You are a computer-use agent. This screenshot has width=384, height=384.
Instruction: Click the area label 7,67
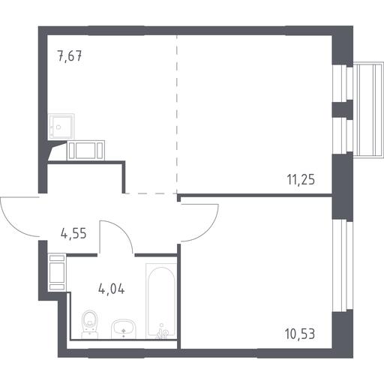pos(70,56)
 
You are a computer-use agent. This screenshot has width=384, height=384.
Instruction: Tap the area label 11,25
pos(301,179)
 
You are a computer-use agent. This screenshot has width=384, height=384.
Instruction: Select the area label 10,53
pos(300,334)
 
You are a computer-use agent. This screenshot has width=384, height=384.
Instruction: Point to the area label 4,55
pos(73,234)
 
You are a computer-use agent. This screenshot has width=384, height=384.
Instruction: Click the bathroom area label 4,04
pos(112,289)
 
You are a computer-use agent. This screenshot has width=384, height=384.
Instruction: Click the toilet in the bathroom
pos(89,324)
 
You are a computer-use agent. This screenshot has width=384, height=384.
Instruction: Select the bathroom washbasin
pos(124,328)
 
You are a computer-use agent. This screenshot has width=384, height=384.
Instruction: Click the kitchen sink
pos(61,127)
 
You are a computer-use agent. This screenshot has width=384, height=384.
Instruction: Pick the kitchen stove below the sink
pos(85,150)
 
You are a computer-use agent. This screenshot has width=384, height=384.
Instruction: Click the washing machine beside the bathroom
pos(57,272)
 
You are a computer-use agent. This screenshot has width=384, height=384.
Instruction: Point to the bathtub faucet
pos(163,332)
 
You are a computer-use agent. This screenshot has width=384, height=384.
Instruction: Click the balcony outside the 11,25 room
pos(368,110)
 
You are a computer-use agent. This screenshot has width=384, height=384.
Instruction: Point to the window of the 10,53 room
pos(340,266)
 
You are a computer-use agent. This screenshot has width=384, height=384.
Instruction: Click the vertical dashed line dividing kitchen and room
pos(177,114)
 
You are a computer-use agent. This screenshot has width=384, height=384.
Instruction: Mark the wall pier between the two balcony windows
pos(342,109)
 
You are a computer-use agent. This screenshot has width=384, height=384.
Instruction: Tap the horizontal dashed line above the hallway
pos(151,193)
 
